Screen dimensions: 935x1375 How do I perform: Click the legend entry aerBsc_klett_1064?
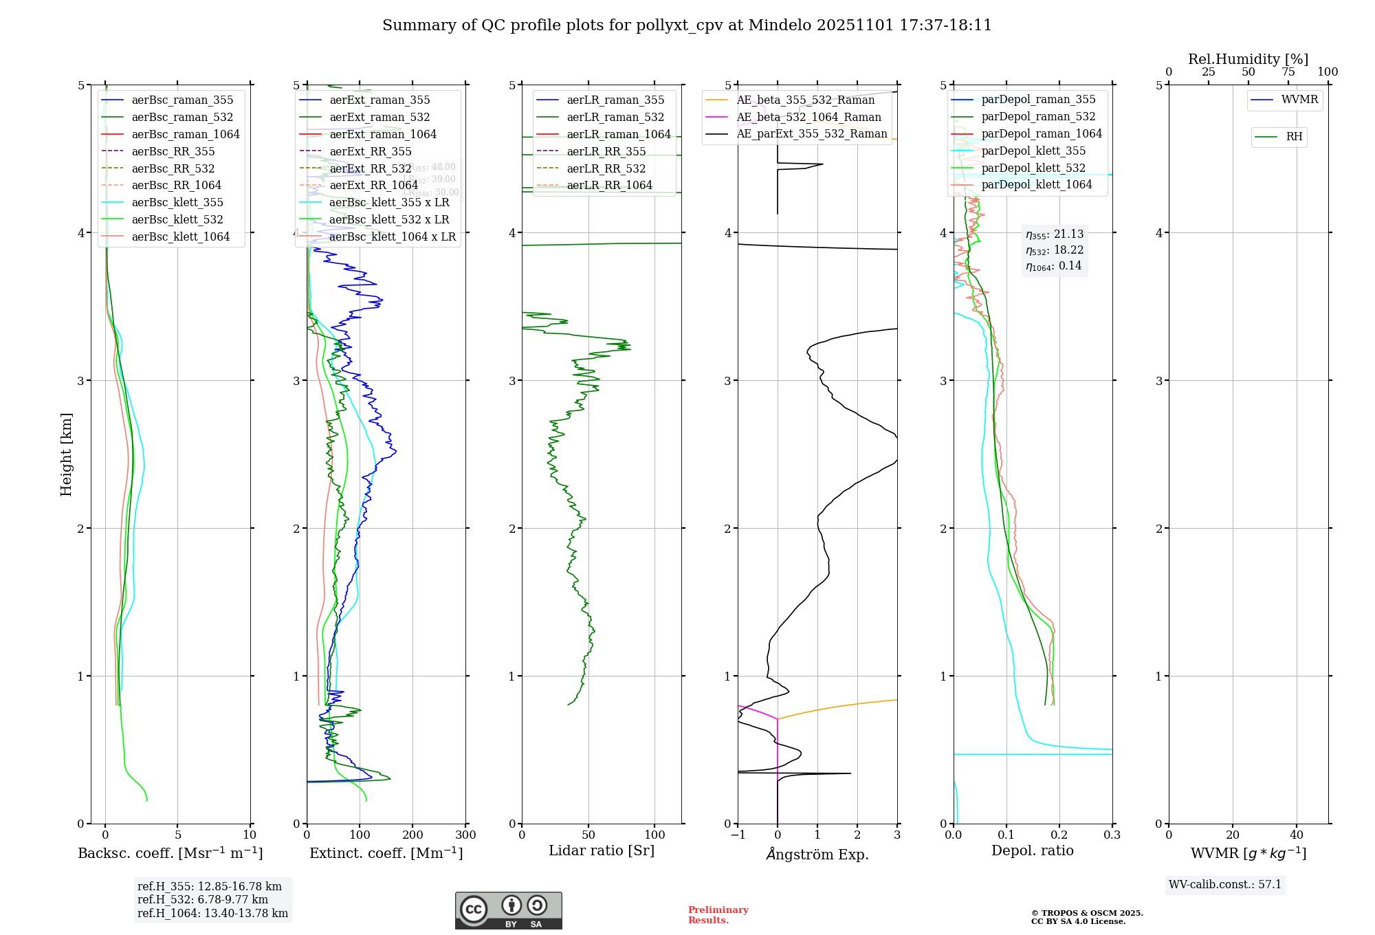[x=180, y=236]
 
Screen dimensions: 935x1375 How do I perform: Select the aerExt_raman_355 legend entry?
[x=379, y=100]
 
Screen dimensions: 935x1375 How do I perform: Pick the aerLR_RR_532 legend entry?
[x=606, y=168]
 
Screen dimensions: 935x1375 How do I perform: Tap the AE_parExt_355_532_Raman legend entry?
[x=811, y=134]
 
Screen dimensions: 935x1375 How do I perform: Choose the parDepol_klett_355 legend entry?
[x=1033, y=151]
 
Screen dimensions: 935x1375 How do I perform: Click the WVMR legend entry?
[x=1299, y=100]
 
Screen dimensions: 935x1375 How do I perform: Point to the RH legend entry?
[x=1294, y=137]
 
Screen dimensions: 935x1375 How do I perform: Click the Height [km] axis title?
[x=66, y=454]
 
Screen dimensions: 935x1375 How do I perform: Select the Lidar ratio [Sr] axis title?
[x=602, y=850]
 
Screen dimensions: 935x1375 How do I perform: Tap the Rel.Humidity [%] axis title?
[x=1248, y=59]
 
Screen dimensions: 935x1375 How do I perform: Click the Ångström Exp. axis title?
[x=817, y=854]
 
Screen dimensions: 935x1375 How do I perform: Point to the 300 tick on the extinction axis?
[x=465, y=835]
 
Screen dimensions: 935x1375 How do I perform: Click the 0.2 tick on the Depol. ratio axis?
[x=1059, y=835]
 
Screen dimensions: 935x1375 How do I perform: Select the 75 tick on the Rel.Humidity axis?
[x=1288, y=72]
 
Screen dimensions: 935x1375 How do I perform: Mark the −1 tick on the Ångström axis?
[x=738, y=835]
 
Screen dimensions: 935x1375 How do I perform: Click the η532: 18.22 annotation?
[x=1055, y=250]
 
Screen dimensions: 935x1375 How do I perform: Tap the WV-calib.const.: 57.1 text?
[x=1225, y=884]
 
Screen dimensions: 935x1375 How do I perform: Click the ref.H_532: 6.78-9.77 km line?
[x=203, y=899]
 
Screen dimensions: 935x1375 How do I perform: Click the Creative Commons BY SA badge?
[x=508, y=910]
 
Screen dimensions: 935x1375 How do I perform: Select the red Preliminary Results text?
[x=718, y=914]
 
